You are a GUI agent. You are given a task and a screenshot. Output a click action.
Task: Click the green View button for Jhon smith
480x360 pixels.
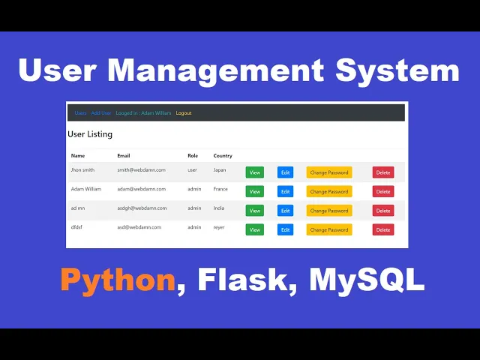pyautogui.click(x=254, y=172)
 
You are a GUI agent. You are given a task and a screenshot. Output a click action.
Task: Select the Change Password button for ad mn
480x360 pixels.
pyautogui.click(x=329, y=211)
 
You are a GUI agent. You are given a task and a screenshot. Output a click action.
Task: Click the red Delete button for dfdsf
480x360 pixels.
pyautogui.click(x=383, y=229)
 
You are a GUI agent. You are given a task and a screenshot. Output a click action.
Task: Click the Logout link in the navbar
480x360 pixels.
pyautogui.click(x=184, y=113)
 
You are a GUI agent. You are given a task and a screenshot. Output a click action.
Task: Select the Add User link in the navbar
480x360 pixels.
pyautogui.click(x=101, y=113)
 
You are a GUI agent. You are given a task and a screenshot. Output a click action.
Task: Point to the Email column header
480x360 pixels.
pyautogui.click(x=124, y=156)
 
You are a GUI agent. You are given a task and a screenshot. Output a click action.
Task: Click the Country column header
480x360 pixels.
pyautogui.click(x=223, y=156)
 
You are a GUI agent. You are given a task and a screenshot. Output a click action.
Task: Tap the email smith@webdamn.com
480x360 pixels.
pyautogui.click(x=141, y=170)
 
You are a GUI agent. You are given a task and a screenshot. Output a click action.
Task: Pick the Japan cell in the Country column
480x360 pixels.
pyautogui.click(x=220, y=170)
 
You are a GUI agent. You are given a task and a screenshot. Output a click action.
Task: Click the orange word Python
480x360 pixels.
pyautogui.click(x=118, y=280)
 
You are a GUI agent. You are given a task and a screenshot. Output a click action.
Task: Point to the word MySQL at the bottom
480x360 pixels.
pyautogui.click(x=367, y=280)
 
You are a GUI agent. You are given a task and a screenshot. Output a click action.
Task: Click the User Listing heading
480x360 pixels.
pyautogui.click(x=90, y=134)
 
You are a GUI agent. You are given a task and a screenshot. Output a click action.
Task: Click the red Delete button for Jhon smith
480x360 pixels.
pyautogui.click(x=383, y=172)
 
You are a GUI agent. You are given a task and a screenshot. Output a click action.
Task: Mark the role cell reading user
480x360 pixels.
pyautogui.click(x=193, y=170)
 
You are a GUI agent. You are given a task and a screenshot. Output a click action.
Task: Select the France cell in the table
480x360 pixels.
pyautogui.click(x=220, y=189)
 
